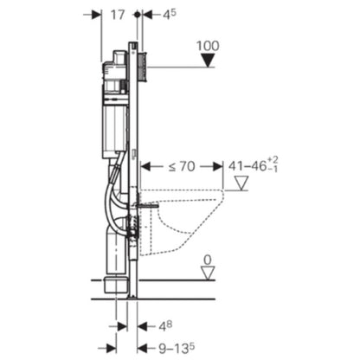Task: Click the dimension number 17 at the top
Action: [118, 15]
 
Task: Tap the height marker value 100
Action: [208, 46]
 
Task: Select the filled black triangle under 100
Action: [208, 61]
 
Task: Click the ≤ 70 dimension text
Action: [182, 166]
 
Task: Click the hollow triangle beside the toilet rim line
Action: [241, 183]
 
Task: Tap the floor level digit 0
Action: [208, 260]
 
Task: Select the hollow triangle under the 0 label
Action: [208, 273]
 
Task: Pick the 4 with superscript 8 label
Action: [165, 326]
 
